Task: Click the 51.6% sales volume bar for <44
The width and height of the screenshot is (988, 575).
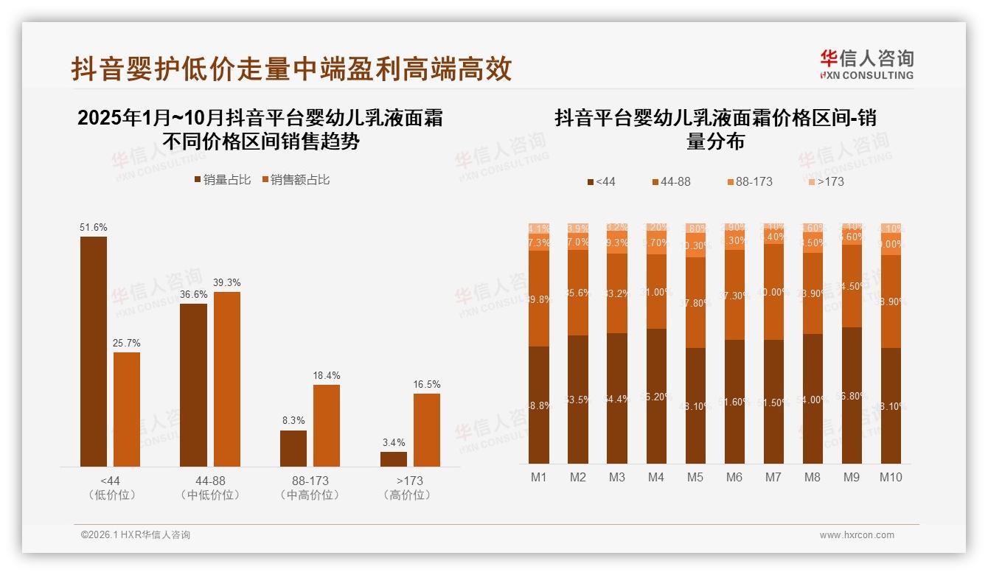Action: coord(94,351)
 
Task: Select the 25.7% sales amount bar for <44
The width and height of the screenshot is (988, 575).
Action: coord(127,409)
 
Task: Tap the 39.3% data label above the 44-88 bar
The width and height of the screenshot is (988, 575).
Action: coord(227,283)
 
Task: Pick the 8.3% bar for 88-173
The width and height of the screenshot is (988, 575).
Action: coord(293,448)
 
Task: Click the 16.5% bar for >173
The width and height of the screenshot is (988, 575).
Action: coord(427,430)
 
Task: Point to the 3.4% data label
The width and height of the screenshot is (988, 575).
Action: coord(394,442)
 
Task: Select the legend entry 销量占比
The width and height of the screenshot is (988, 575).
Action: coord(222,180)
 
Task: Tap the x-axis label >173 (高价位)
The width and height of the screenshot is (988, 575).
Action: coord(407,487)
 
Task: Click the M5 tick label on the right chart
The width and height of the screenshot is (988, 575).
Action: coord(695,477)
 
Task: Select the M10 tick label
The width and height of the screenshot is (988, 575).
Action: coord(891,477)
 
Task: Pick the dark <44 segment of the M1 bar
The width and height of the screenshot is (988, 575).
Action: coord(539,405)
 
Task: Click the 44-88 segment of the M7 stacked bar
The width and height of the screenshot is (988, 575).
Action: coord(773,292)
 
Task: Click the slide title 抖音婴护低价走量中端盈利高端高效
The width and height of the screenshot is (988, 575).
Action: coord(291,69)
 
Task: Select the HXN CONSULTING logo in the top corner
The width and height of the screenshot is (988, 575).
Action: coord(866,65)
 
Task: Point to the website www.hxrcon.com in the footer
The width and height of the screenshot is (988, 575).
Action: coord(857,535)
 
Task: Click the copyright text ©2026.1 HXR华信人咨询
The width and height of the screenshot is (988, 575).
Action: coord(136,535)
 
